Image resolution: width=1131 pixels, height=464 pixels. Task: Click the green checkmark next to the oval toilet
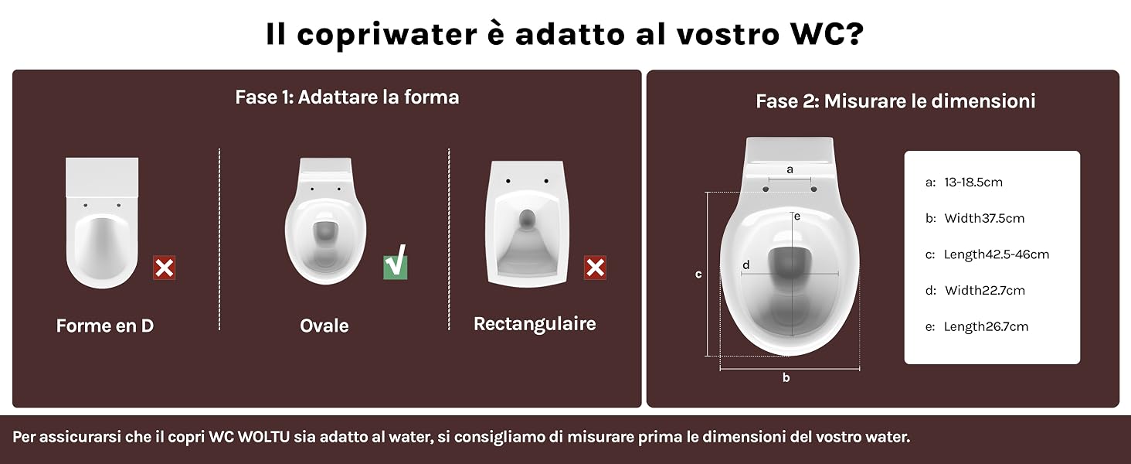395,263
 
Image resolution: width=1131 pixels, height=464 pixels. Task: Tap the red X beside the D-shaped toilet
164,268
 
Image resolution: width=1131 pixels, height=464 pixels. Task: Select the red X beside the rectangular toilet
596,268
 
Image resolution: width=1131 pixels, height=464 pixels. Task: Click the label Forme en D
105,326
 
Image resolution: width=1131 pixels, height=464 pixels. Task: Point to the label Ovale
324,326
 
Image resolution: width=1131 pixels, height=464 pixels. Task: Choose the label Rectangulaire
535,324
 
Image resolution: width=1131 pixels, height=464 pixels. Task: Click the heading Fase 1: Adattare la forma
348,97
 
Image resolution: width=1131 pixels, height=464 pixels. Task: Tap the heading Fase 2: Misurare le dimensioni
895,101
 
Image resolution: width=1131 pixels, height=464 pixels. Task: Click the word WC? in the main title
827,34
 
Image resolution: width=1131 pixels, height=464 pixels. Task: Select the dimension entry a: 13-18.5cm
964,183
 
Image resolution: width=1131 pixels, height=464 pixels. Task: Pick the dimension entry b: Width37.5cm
975,218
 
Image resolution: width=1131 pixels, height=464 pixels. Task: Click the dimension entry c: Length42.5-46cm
987,254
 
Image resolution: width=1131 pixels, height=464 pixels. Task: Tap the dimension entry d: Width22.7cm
975,291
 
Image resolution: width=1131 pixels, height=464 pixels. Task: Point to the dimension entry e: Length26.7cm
976,326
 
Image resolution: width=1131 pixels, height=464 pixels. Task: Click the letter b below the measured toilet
786,377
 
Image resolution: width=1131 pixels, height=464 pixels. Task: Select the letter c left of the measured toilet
698,275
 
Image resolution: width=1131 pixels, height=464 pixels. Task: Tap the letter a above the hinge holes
790,170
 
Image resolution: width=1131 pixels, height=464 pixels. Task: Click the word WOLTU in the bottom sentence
263,437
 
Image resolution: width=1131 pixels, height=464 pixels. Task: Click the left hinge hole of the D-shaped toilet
85,205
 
